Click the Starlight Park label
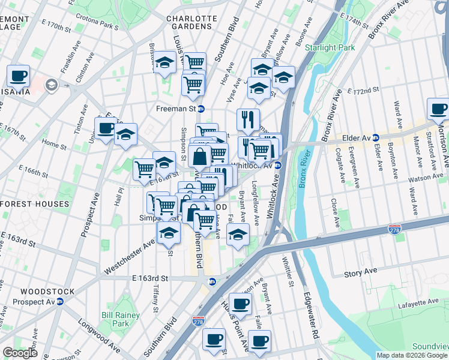click(330, 47)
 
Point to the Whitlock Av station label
click(256, 166)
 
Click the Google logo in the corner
click(20, 352)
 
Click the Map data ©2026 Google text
click(412, 355)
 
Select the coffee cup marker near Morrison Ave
click(438, 109)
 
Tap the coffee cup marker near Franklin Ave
click(19, 76)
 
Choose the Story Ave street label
click(360, 272)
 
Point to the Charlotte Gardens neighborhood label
click(192, 23)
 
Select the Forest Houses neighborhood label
click(35, 204)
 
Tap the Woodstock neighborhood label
click(39, 292)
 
